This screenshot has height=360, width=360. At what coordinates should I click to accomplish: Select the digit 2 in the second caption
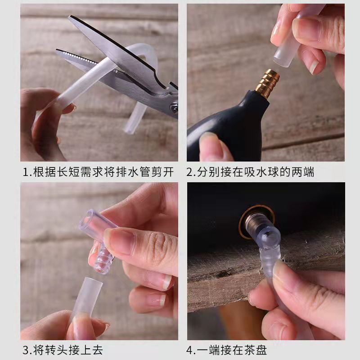tap(190, 172)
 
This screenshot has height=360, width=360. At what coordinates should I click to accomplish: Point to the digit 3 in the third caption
tap(26, 351)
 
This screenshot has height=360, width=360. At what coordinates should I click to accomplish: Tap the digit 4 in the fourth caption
tap(190, 351)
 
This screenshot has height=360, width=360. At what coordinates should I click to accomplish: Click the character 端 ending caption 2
tap(308, 172)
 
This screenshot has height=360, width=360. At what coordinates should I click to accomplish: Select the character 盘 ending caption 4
tap(261, 351)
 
